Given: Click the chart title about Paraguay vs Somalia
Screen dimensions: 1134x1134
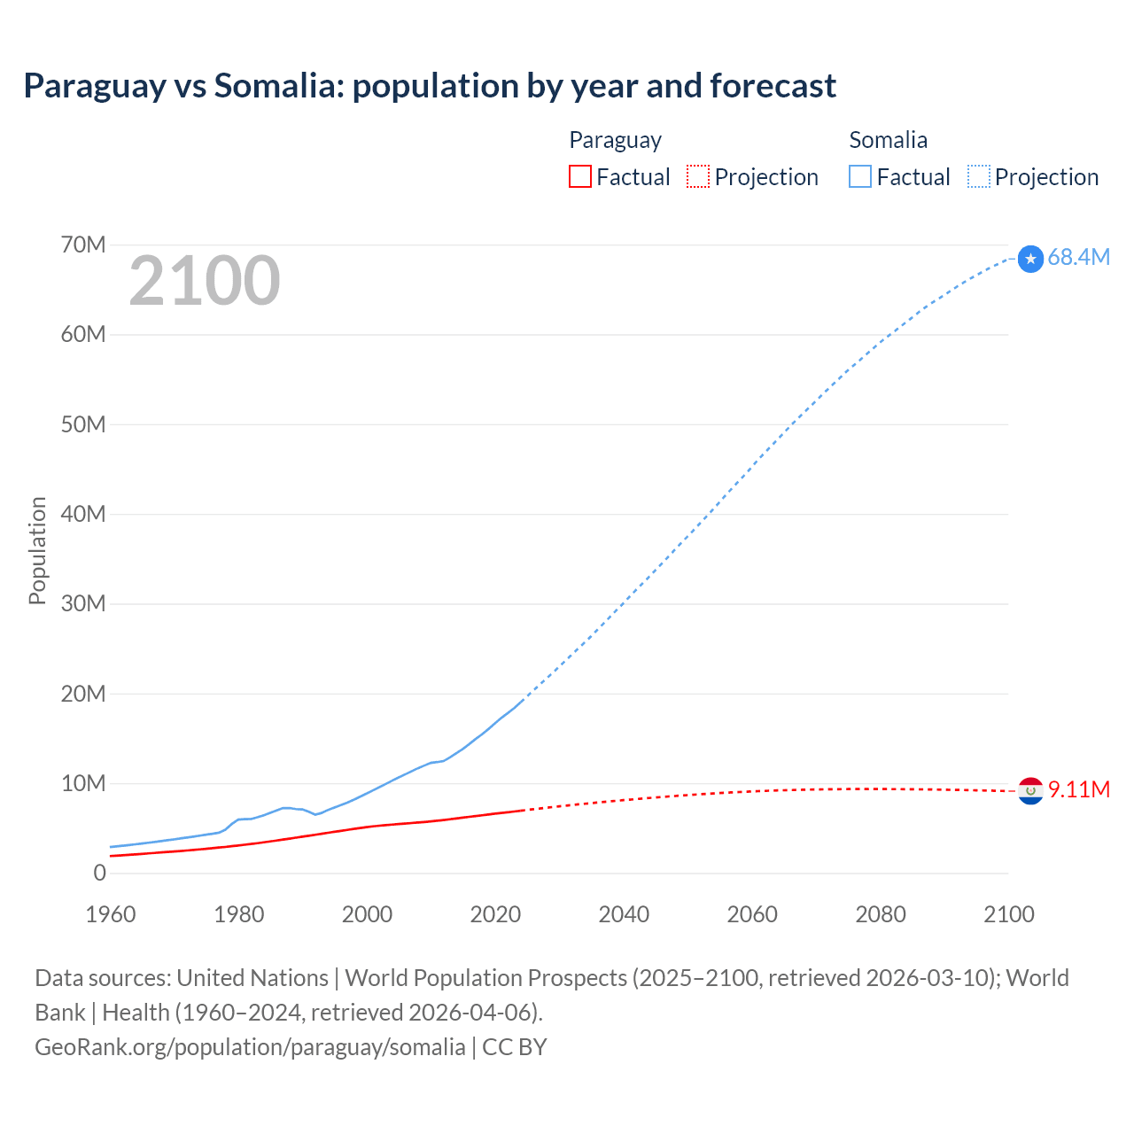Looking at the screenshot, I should (430, 86).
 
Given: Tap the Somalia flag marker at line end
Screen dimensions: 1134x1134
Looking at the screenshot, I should (1030, 259).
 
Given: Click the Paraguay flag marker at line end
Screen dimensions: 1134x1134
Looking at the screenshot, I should (1030, 790).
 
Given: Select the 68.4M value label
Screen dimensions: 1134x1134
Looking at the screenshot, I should (1078, 257).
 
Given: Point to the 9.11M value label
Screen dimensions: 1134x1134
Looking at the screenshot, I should (1079, 789).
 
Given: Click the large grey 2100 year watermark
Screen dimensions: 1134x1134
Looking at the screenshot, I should (205, 281).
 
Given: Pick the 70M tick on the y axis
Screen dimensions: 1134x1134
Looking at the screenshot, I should (83, 245).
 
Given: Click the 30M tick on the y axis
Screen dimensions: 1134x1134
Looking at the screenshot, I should (83, 604).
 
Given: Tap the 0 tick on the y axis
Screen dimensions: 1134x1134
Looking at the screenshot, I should (99, 874).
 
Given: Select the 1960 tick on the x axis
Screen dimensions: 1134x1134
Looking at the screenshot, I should (111, 914).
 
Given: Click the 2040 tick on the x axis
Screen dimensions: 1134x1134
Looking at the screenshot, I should (624, 914).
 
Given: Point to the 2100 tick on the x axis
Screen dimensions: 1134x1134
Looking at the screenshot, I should (1008, 914).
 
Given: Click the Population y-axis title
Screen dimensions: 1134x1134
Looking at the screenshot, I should (37, 550).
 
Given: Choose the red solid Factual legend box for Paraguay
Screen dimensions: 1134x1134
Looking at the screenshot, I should (579, 176).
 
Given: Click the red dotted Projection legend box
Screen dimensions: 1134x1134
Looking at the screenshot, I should (698, 176).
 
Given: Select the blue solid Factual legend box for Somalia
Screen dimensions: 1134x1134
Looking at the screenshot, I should (859, 176).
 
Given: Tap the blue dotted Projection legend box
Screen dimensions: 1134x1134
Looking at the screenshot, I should (978, 176).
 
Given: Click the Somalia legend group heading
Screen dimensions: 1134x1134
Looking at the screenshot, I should (888, 140).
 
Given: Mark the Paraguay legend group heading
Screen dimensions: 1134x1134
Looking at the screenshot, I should (615, 140).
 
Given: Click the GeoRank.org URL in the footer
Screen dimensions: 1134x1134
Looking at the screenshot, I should (250, 1047).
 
